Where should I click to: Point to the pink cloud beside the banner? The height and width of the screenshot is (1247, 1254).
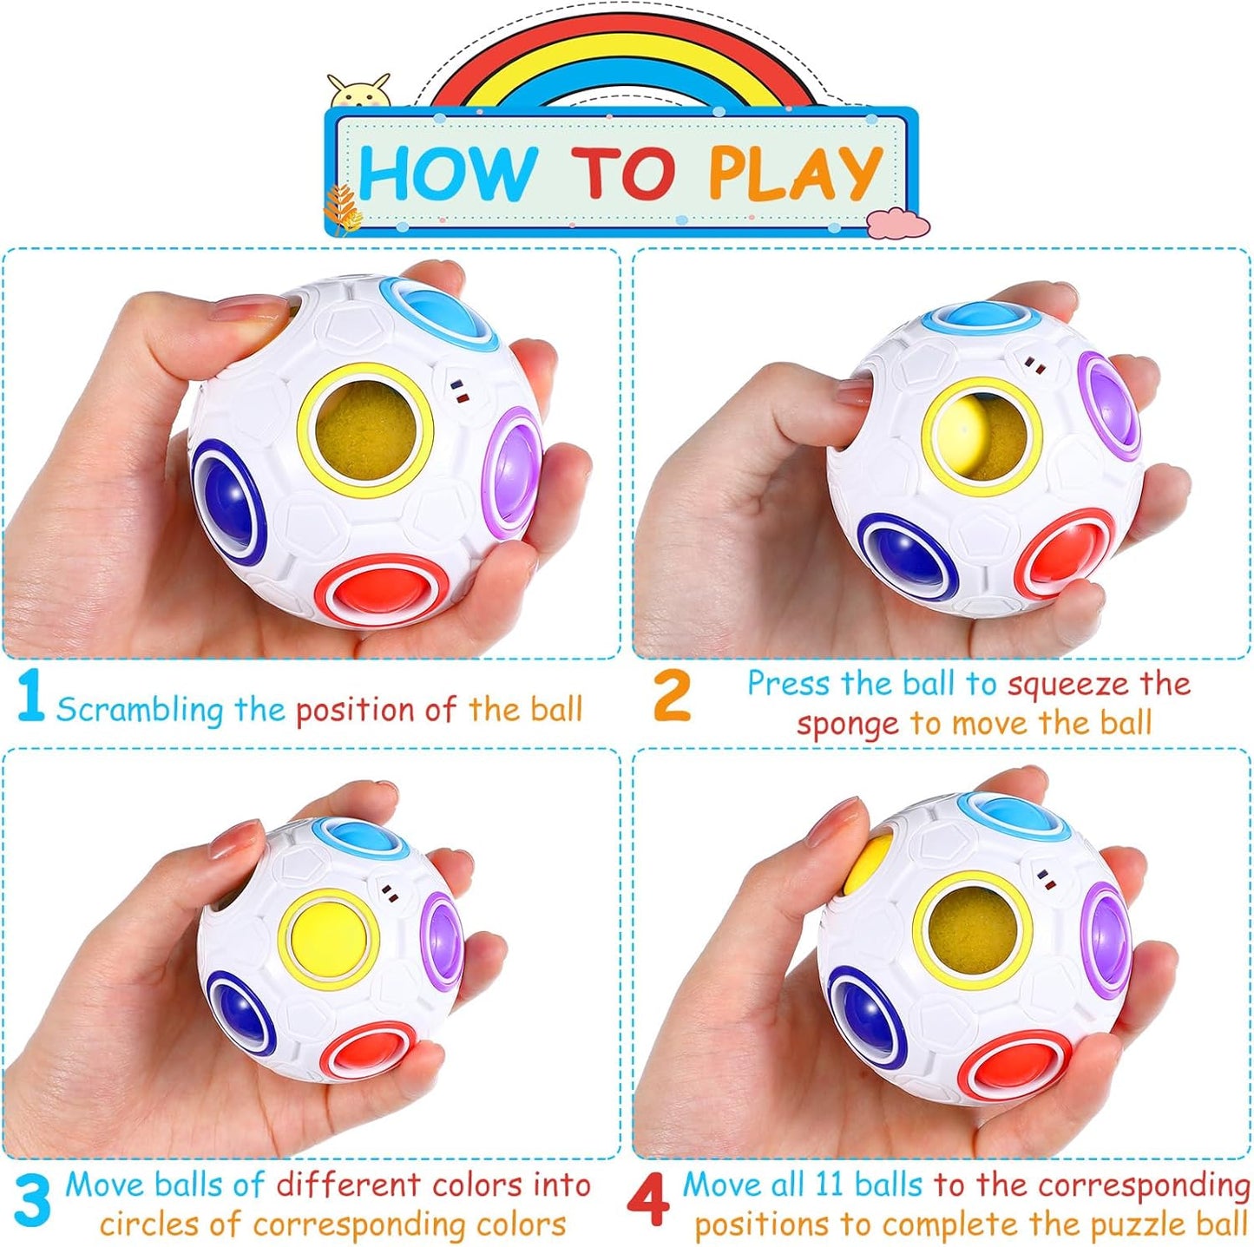pos(897,223)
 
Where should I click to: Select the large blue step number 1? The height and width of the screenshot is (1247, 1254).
pos(30,695)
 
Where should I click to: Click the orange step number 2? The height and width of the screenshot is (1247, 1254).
pos(672,697)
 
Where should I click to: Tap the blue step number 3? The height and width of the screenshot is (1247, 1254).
pos(32,1201)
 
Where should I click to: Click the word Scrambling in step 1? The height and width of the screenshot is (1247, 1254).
pos(140,710)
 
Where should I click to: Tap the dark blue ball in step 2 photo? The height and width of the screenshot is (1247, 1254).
pos(905,556)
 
